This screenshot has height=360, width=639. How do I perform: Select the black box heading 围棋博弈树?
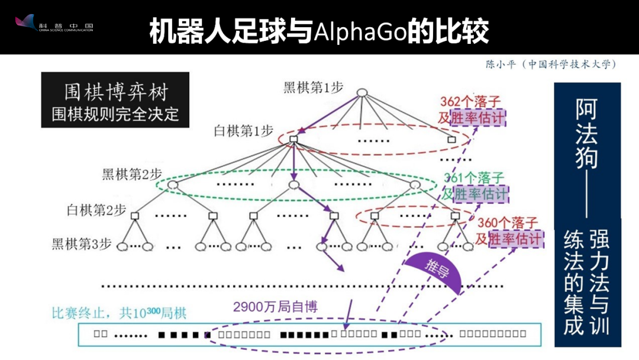(x=115, y=92)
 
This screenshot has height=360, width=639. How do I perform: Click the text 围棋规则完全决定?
(x=115, y=114)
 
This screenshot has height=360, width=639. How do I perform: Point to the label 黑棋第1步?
(x=313, y=88)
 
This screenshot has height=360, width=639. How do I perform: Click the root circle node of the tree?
(x=362, y=92)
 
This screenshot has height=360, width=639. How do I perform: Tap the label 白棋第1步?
(x=244, y=131)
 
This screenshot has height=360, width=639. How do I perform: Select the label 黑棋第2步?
(x=131, y=175)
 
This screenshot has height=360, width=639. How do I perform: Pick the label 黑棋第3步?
(x=82, y=243)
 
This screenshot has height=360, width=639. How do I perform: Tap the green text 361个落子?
(x=474, y=178)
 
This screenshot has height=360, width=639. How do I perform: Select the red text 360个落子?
(x=508, y=223)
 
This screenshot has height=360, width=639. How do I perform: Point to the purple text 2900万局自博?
(x=275, y=307)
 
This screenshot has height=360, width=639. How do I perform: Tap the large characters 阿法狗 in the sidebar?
(x=586, y=134)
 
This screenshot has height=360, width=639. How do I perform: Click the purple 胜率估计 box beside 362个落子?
(x=478, y=117)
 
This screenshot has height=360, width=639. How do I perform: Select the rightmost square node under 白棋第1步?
(x=451, y=140)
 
